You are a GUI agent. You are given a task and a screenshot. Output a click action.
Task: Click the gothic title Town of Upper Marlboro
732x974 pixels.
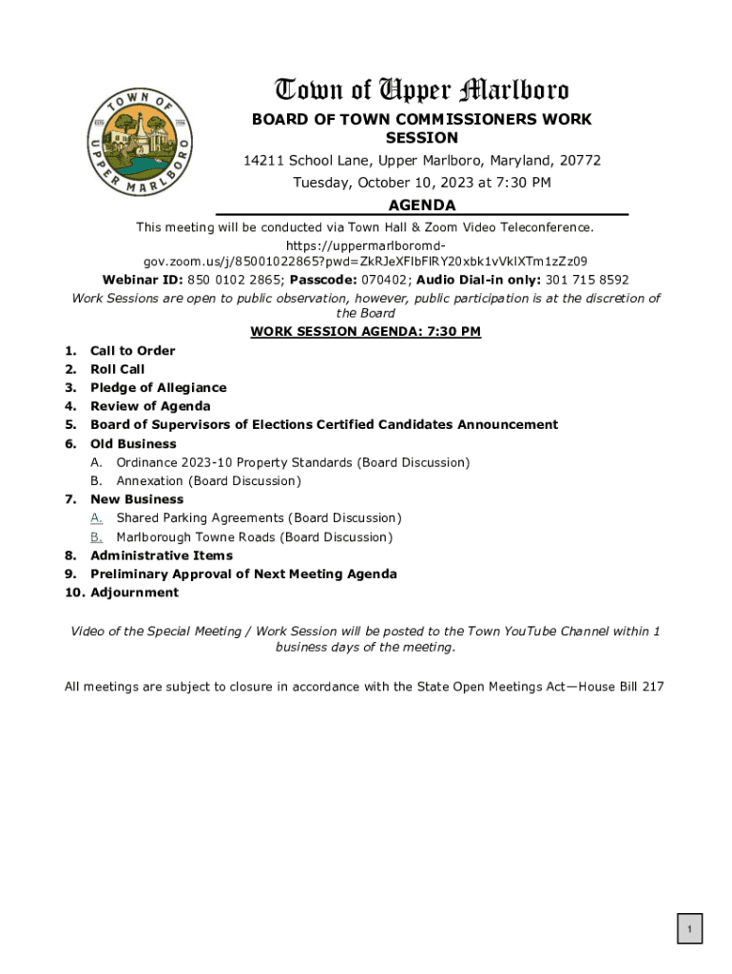422,90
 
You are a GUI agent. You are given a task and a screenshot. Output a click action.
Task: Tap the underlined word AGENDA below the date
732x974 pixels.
422,205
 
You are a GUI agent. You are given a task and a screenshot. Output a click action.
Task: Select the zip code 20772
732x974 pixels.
579,161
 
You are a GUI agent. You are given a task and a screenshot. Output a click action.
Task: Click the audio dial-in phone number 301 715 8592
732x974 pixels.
587,280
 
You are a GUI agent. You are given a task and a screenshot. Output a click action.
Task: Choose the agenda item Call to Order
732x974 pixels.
132,351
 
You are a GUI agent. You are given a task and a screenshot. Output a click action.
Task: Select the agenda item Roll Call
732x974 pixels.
118,369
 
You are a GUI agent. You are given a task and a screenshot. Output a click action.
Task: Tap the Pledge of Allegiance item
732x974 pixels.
158,388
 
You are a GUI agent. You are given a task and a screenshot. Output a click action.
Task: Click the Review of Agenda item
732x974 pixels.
150,406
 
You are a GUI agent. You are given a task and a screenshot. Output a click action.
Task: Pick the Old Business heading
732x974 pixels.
133,444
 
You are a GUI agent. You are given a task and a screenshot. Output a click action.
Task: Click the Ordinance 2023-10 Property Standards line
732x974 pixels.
293,462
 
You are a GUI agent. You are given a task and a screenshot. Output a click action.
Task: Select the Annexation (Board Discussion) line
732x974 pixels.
208,481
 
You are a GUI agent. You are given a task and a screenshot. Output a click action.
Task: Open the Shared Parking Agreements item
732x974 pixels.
259,518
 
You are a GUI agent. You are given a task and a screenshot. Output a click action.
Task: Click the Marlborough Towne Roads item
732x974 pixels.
254,537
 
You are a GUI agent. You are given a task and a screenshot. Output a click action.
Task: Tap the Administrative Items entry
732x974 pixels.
161,555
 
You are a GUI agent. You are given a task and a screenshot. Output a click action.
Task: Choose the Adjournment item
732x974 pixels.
134,593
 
